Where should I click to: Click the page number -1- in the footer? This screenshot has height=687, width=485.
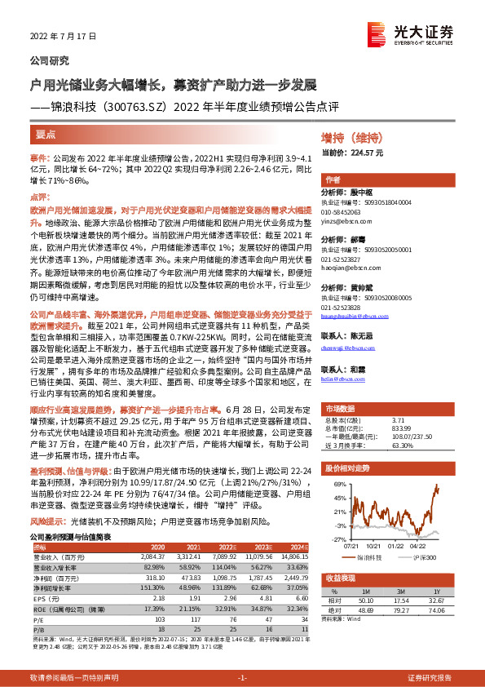241,678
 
